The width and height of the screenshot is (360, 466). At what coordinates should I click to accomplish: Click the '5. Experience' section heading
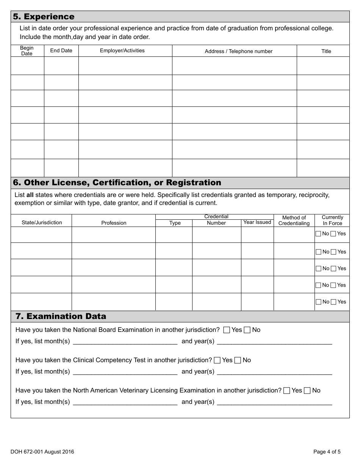click(44, 17)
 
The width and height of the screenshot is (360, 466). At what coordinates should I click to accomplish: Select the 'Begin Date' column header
click(27, 51)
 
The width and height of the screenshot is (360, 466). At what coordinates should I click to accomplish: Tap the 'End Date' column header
click(61, 51)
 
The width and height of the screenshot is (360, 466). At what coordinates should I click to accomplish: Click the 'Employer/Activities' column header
click(122, 51)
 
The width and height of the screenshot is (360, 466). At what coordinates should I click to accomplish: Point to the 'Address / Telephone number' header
click(238, 51)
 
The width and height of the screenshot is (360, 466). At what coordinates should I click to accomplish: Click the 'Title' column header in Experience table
click(326, 51)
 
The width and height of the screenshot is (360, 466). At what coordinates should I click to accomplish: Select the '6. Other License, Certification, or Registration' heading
click(117, 183)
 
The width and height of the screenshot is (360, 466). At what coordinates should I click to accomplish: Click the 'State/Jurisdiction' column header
click(42, 223)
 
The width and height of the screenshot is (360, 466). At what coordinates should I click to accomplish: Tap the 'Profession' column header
click(114, 223)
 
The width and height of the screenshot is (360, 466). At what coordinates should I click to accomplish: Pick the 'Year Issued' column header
click(257, 222)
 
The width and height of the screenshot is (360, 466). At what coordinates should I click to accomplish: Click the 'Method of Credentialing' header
click(294, 220)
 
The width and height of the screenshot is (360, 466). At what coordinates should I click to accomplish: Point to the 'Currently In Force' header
click(332, 220)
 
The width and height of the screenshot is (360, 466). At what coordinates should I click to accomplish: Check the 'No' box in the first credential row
click(318, 234)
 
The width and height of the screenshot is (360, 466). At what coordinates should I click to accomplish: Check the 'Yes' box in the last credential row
click(333, 302)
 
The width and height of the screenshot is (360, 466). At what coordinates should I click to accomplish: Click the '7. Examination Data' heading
click(61, 316)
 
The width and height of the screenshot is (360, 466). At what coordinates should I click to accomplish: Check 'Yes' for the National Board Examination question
click(227, 330)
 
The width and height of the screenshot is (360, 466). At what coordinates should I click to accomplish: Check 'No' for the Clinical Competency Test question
click(238, 360)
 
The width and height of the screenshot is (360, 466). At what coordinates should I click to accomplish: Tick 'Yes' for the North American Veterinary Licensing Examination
click(287, 391)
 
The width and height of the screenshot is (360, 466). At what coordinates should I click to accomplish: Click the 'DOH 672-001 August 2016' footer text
click(42, 452)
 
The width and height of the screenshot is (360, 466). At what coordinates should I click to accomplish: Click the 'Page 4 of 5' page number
click(327, 452)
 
